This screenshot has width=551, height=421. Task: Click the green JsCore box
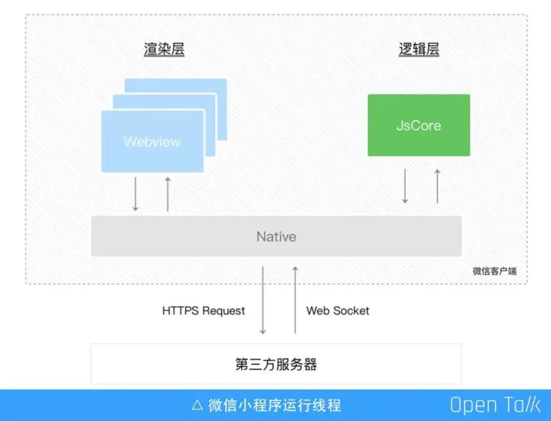[419, 125]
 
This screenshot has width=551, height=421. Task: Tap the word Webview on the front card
[152, 142]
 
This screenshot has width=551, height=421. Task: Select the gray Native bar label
[276, 237]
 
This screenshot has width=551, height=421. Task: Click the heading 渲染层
[165, 50]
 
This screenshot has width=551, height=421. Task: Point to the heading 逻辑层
[419, 50]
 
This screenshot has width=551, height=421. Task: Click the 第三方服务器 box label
[276, 364]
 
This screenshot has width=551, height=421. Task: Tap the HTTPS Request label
[204, 311]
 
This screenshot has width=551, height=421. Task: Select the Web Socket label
[337, 311]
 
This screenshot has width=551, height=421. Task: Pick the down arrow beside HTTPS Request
[262, 300]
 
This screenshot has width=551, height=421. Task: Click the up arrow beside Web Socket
[295, 300]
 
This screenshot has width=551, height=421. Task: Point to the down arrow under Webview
[135, 194]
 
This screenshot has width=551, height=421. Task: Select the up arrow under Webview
[168, 194]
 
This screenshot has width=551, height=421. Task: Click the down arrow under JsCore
[405, 186]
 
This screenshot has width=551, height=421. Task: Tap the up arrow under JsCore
[437, 186]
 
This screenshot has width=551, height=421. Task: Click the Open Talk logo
[495, 405]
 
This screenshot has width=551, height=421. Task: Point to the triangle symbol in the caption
[197, 405]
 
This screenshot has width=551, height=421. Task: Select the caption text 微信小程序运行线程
[275, 405]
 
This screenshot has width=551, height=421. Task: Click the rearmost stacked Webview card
[218, 88]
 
